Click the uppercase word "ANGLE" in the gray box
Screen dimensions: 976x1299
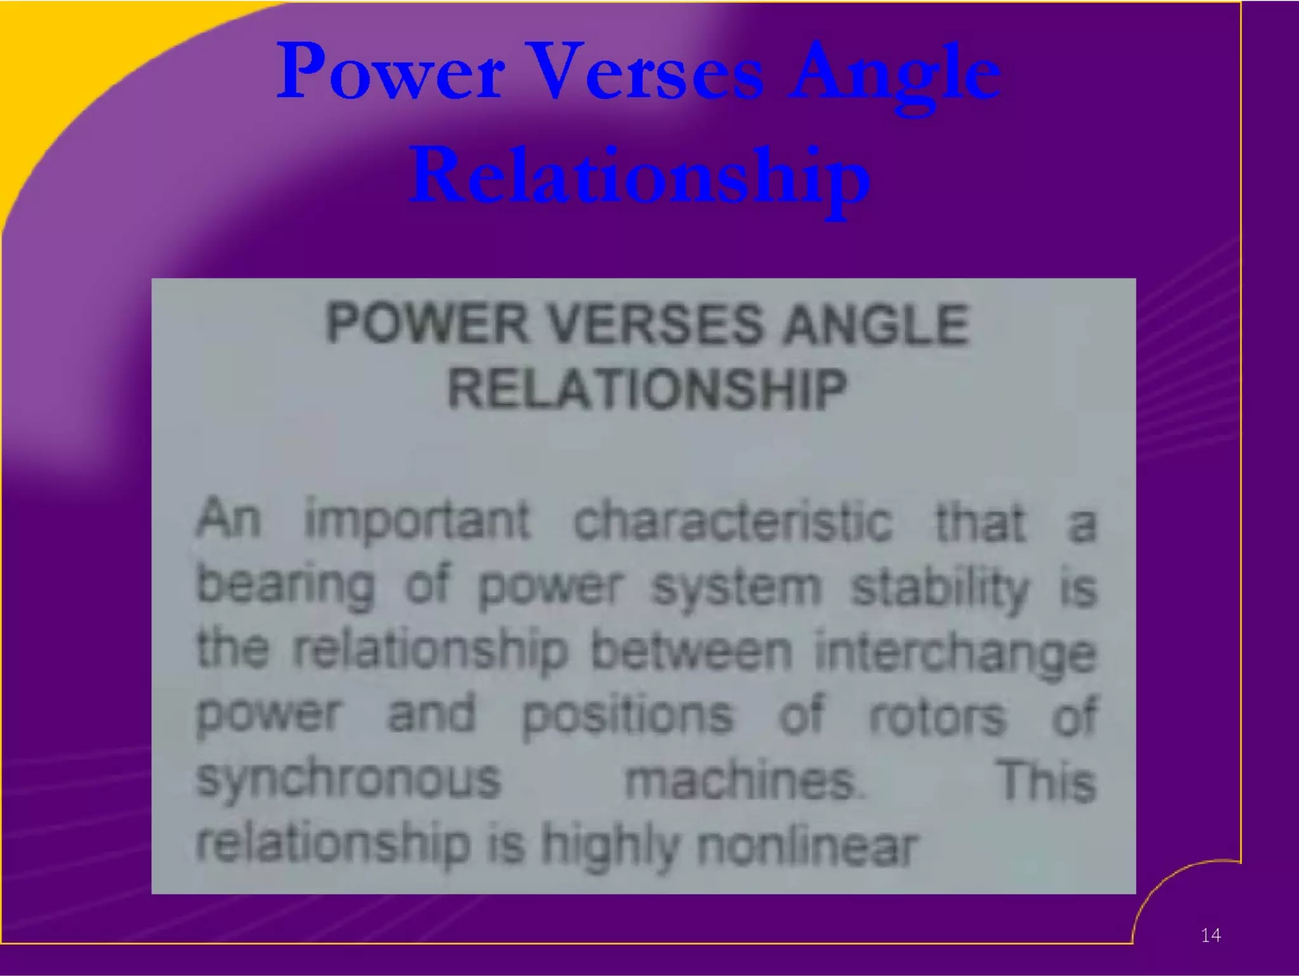click(875, 324)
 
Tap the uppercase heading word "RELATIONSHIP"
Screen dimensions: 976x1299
click(647, 389)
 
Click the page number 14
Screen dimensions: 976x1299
click(1210, 935)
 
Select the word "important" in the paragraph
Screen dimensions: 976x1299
click(417, 521)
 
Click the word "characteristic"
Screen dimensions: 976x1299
click(733, 521)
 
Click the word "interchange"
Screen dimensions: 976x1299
click(955, 652)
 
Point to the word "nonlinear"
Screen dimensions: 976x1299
click(807, 846)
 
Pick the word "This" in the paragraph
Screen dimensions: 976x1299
click(1047, 780)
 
